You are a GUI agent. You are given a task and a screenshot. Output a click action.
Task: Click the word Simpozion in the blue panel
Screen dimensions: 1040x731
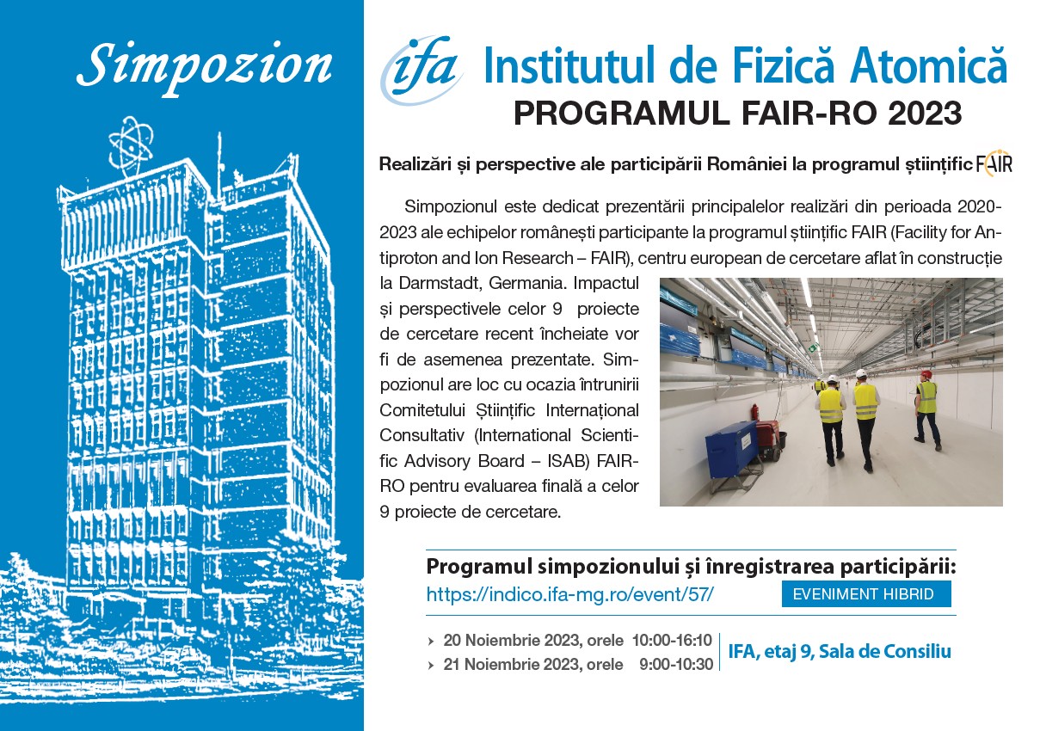click(x=204, y=67)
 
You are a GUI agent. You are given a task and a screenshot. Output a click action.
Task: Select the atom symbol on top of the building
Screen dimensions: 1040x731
click(x=131, y=145)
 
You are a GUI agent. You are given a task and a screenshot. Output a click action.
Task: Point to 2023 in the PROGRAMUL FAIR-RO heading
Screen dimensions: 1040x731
click(x=925, y=113)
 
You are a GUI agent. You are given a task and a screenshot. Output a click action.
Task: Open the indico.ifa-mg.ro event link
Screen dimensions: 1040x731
click(x=569, y=594)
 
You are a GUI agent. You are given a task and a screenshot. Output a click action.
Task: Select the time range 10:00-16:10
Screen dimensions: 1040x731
click(x=672, y=641)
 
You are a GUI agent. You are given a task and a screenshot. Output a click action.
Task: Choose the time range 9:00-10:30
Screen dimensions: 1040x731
click(x=676, y=665)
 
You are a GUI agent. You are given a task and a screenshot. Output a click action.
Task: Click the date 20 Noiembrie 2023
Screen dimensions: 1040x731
click(x=512, y=641)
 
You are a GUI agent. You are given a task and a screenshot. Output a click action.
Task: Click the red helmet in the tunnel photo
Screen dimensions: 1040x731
click(x=926, y=375)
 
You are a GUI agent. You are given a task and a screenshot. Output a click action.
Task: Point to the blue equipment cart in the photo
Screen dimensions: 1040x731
click(x=734, y=443)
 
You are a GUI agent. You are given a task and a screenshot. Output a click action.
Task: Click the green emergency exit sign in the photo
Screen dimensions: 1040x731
click(x=813, y=347)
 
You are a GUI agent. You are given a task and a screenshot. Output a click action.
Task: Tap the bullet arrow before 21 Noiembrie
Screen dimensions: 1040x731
click(x=431, y=666)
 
